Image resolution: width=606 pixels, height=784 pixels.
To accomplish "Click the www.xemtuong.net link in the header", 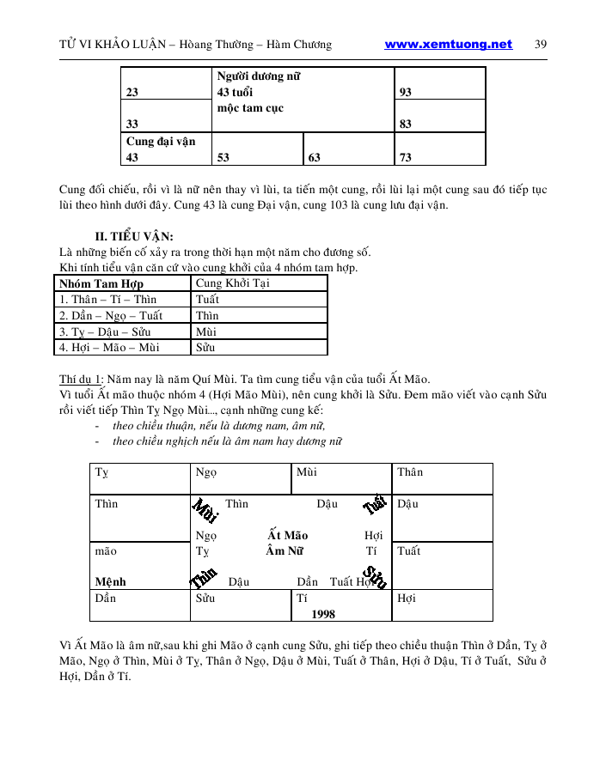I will coord(448,45).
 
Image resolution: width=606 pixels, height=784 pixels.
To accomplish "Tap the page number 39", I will coord(541,45).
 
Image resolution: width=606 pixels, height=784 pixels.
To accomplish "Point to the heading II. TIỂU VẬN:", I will coord(134,237).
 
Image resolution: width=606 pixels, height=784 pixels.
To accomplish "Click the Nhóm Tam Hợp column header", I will coord(101,283).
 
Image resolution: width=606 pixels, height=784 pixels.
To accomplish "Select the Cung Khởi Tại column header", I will coord(233,283).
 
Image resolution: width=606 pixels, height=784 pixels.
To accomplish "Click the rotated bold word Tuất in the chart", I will coord(376,505).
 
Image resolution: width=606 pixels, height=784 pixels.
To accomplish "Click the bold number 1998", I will coord(323,614).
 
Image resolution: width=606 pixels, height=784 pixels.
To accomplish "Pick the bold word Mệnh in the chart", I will coord(110,581).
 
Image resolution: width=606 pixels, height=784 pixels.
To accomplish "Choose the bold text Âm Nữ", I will coord(287,551).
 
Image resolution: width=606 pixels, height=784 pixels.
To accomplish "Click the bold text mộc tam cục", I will coord(250,108).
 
